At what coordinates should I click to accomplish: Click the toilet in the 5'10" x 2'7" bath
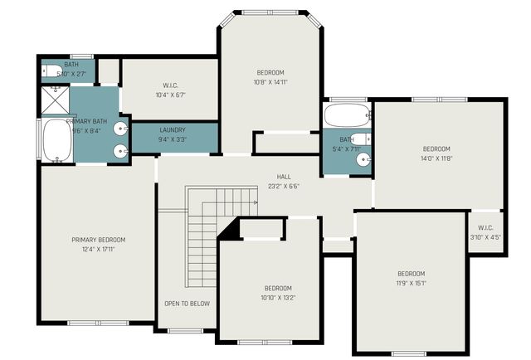[x=49, y=71]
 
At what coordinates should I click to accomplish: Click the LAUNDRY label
[x=173, y=130]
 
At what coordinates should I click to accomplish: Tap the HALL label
[x=284, y=177]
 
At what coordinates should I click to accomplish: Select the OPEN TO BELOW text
[x=187, y=303]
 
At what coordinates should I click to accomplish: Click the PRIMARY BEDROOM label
[x=98, y=240]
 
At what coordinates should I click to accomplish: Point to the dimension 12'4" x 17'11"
[x=98, y=249]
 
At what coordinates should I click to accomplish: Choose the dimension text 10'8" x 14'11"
[x=270, y=81]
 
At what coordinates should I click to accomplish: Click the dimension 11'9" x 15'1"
[x=411, y=283]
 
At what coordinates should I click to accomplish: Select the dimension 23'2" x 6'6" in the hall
[x=284, y=186]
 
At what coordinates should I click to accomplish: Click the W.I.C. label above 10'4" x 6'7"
[x=171, y=85]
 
